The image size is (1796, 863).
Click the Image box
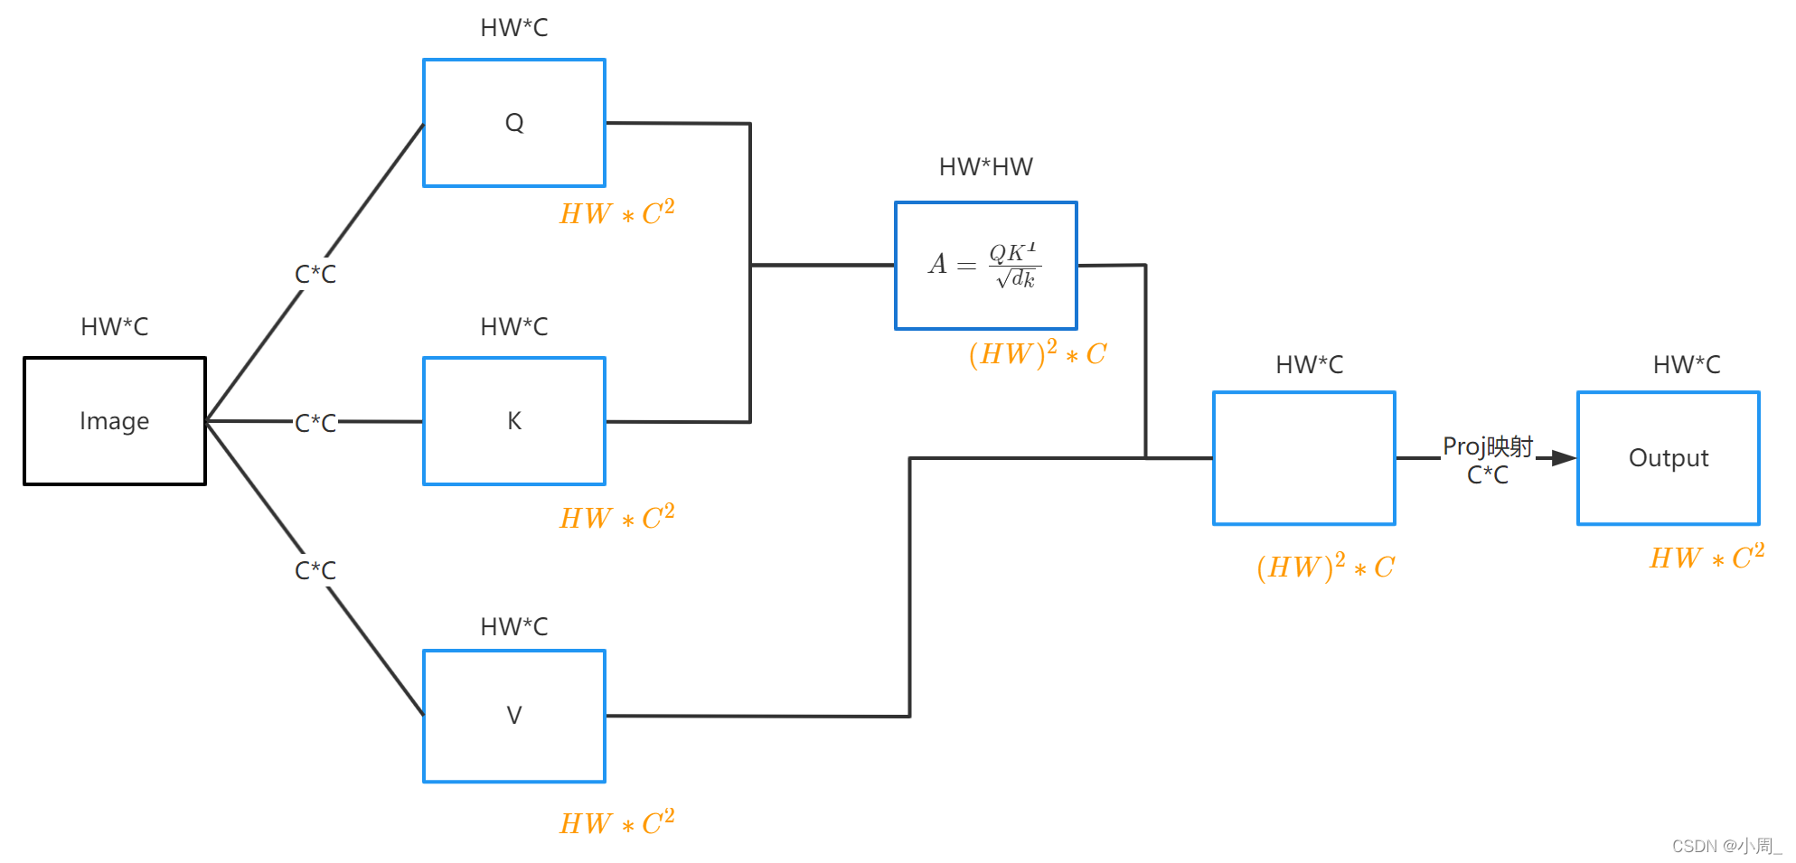pos(115,421)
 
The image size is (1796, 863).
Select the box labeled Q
pos(514,123)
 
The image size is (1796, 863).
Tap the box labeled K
pos(514,421)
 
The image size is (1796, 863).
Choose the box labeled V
pos(514,716)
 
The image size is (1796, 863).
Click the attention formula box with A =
pos(985,266)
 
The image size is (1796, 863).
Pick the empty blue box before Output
pos(1303,458)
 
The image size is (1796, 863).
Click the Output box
pos(1668,458)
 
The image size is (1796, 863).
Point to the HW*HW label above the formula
pos(985,167)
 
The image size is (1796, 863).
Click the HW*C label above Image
pos(115,327)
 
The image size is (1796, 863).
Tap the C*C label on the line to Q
pos(315,275)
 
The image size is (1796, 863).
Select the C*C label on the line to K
pos(315,423)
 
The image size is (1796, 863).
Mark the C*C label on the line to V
pos(315,571)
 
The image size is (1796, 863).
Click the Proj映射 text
pos(1488,446)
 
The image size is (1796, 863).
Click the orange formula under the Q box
pos(616,214)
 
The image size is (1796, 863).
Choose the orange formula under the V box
pos(616,823)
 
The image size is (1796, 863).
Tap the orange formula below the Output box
pos(1707,558)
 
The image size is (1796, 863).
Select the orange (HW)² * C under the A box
pos(1038,353)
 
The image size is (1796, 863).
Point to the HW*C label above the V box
pos(514,627)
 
